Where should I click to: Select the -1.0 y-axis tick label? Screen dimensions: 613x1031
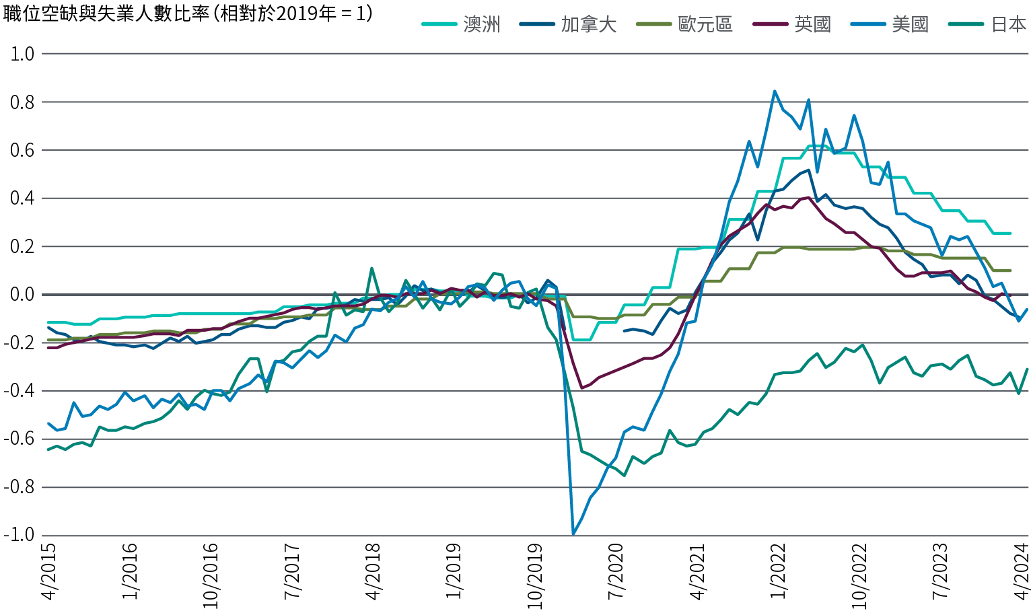click(x=18, y=536)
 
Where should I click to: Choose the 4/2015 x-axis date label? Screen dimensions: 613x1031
click(x=48, y=572)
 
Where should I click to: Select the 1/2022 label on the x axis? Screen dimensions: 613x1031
click(x=779, y=572)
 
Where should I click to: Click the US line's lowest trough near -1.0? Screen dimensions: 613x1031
click(x=573, y=534)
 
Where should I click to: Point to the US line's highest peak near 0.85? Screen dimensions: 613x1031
click(x=775, y=91)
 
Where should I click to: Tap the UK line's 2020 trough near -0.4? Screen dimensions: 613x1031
click(x=581, y=388)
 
